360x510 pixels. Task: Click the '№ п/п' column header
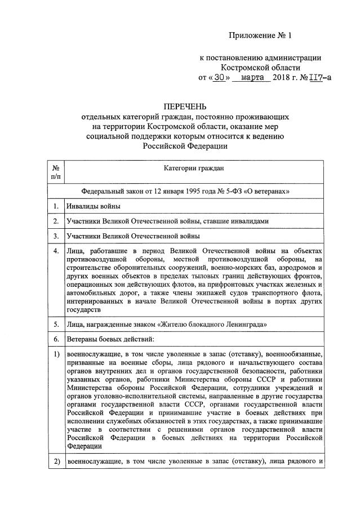coord(55,172)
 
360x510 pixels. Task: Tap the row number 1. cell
coord(56,206)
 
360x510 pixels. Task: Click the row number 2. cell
coord(56,221)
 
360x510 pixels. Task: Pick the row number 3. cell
coord(56,236)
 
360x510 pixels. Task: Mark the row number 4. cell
coord(56,251)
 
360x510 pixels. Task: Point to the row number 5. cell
coord(56,325)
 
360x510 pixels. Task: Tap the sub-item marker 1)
coord(56,354)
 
